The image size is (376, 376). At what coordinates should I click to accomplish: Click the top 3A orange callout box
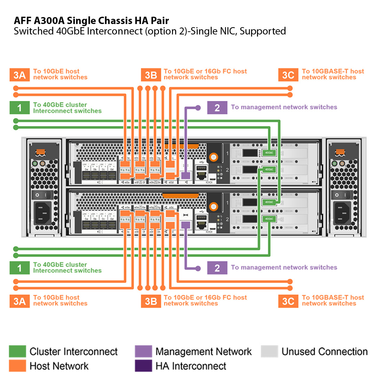pos(19,75)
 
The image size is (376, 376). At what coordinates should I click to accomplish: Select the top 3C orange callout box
pos(288,75)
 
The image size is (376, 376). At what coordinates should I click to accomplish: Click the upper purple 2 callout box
pos(217,108)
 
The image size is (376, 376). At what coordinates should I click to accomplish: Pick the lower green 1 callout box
pos(19,268)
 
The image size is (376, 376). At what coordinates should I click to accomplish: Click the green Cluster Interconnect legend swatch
pos(17,352)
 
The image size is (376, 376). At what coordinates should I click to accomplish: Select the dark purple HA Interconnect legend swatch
pos(143,366)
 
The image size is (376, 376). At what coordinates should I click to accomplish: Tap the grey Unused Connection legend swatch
pos(269,352)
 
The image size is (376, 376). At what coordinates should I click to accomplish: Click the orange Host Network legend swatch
pos(17,366)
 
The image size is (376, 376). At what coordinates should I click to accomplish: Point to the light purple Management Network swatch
pos(143,352)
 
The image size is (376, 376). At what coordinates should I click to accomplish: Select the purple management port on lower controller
pos(186,225)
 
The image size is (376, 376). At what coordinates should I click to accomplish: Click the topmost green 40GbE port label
pos(269,152)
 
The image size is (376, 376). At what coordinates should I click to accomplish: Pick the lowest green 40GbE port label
pos(269,219)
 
